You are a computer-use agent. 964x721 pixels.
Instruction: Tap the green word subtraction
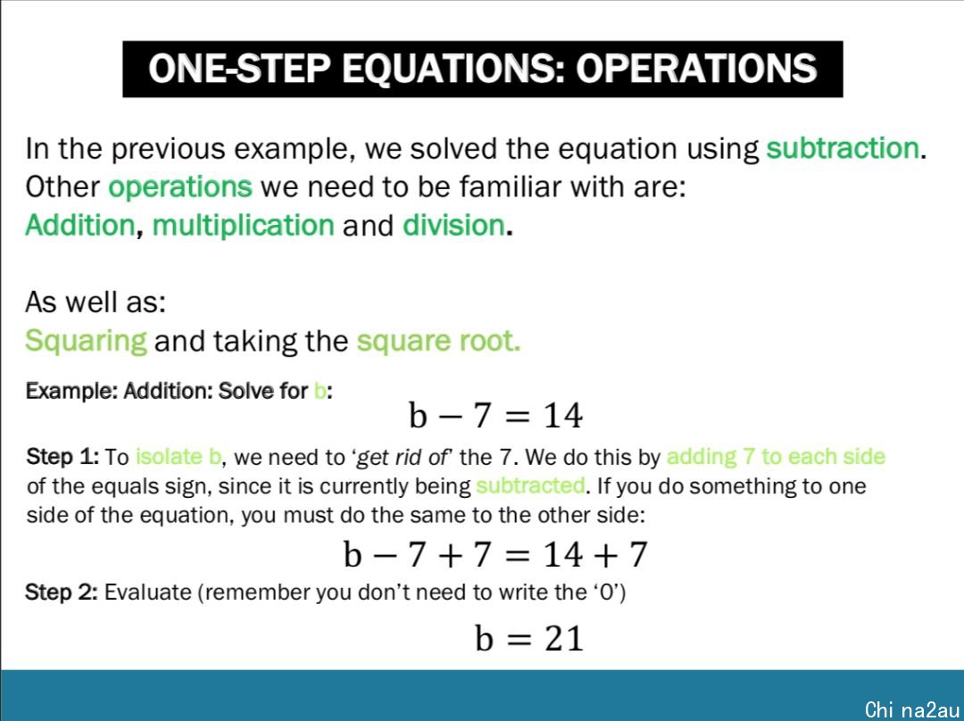click(843, 149)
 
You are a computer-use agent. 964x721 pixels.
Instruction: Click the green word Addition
click(79, 225)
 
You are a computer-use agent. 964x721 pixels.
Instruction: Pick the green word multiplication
click(244, 226)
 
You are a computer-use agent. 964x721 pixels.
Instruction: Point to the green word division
click(453, 225)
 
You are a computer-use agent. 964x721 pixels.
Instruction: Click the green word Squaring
click(86, 341)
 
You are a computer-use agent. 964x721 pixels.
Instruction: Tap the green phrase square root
click(437, 341)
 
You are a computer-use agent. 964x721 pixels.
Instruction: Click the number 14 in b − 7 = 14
click(562, 416)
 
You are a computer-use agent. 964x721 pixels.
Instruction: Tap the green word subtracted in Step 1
click(530, 485)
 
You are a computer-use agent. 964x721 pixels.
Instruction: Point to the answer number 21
click(563, 638)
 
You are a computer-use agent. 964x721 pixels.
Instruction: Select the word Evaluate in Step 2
click(147, 592)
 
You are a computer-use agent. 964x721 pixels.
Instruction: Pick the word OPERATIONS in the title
click(696, 68)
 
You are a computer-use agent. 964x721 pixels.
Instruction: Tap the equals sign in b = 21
click(519, 639)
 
